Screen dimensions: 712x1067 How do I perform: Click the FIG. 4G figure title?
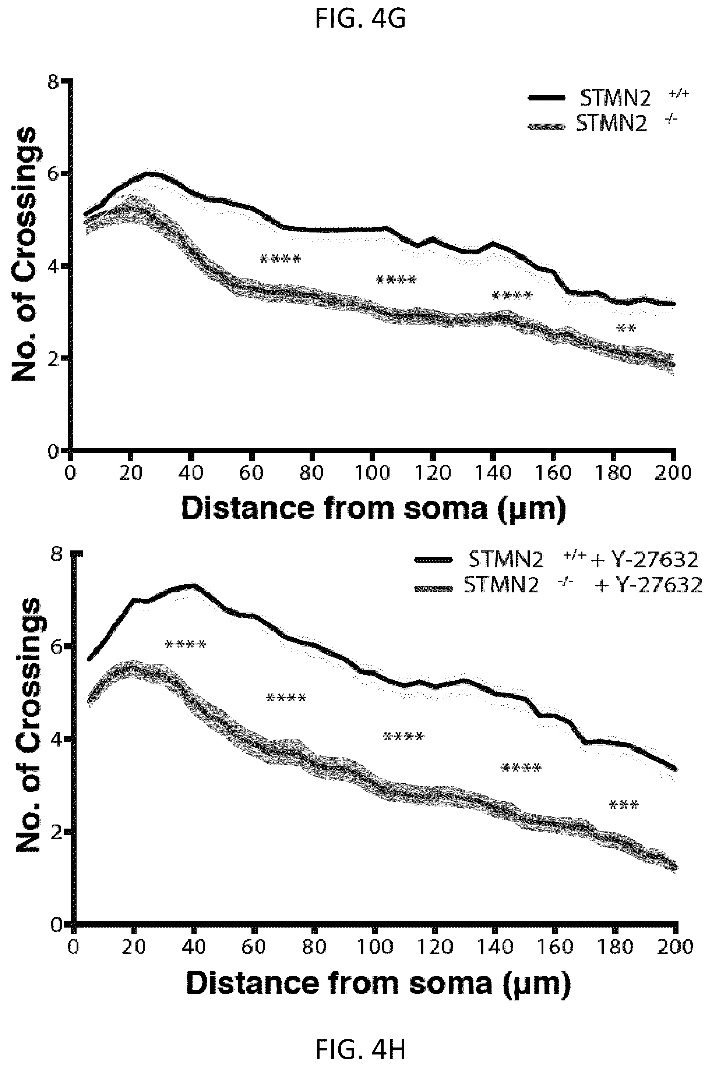360,19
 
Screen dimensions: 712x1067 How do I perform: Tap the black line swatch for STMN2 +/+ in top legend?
547,98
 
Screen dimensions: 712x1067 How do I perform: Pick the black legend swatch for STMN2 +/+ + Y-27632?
434,560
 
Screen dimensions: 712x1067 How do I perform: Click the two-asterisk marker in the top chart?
626,328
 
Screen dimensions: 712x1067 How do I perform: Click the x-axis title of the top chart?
374,509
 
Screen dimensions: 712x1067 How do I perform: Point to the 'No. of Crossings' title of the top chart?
24,254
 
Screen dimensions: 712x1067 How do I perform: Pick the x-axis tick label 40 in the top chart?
191,474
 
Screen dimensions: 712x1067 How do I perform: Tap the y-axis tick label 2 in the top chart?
54,359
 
